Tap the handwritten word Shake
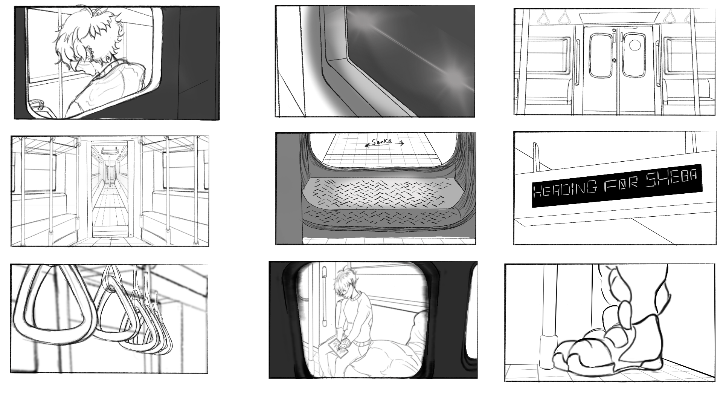pos(381,142)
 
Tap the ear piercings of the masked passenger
pos(90,53)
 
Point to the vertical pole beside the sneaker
pos(549,317)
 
